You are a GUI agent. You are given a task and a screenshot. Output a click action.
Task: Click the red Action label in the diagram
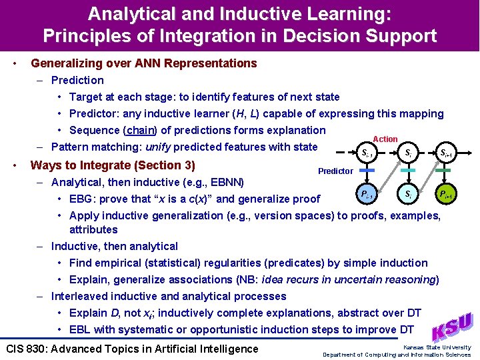click(x=385, y=139)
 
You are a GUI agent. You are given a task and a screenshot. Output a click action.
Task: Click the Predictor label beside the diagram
click(x=335, y=171)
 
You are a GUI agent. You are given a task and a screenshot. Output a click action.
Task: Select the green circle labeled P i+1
click(x=445, y=195)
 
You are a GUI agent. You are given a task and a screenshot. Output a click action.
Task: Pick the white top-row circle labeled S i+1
click(x=445, y=153)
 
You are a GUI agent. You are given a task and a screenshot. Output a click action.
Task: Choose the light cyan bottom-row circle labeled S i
click(x=407, y=195)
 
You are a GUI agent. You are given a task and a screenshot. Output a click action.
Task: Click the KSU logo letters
click(x=453, y=327)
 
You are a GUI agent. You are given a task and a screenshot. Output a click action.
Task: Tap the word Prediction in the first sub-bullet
click(x=77, y=80)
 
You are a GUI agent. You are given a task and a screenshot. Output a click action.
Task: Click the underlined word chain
click(x=140, y=130)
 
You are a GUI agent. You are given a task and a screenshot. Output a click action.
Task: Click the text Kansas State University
click(x=437, y=347)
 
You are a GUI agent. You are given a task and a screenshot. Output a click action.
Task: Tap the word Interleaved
click(x=79, y=296)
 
